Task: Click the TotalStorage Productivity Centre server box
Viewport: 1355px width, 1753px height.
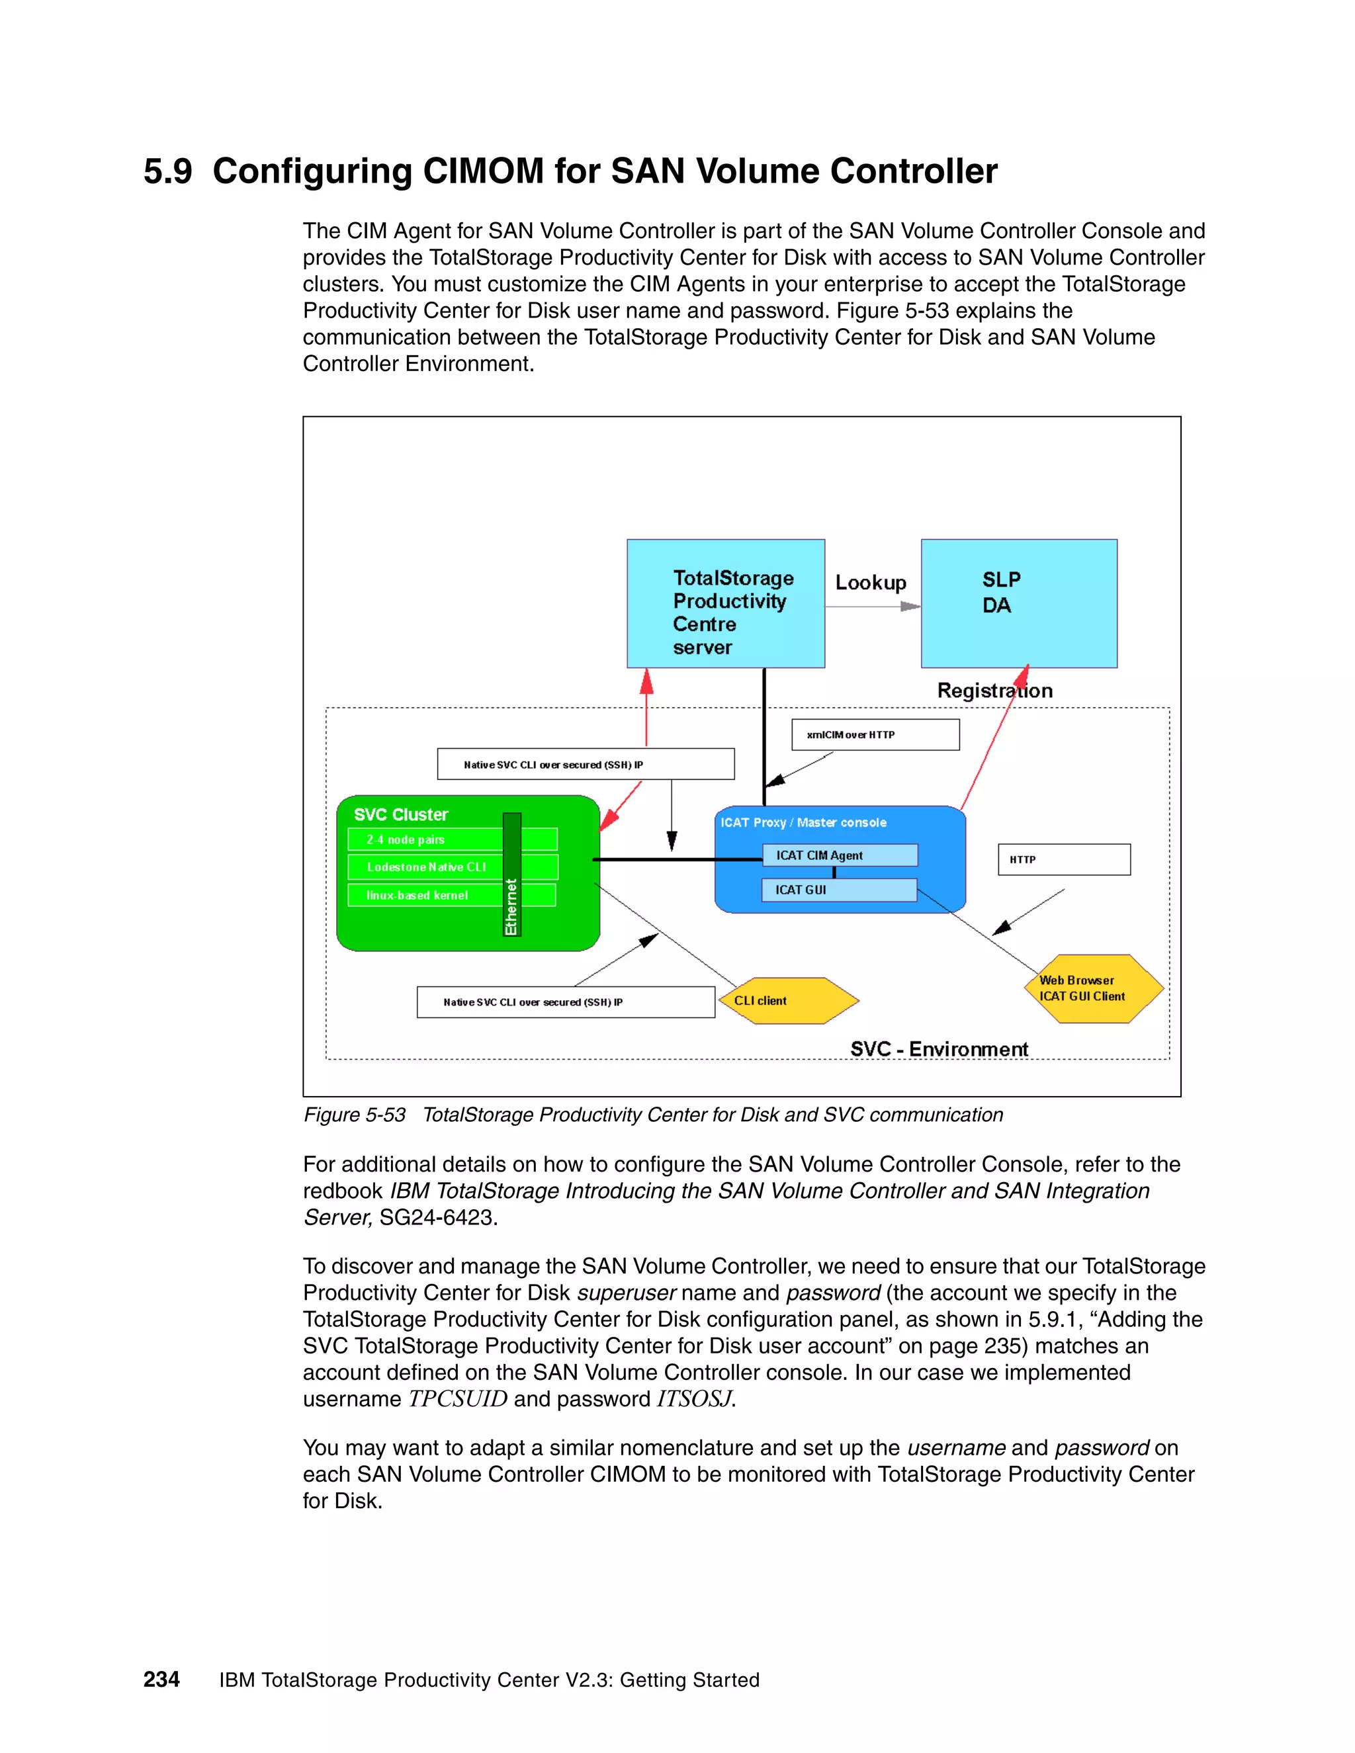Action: click(726, 603)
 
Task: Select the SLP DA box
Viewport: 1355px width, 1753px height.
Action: click(1019, 603)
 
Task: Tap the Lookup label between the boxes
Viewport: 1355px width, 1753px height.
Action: click(870, 583)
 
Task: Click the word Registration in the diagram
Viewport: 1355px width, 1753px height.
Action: click(994, 690)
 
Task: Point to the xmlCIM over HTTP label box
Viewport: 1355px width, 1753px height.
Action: click(875, 734)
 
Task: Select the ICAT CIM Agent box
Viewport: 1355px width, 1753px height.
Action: click(839, 855)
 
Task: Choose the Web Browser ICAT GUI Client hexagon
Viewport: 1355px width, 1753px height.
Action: click(1093, 989)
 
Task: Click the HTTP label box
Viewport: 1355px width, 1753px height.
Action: click(1064, 860)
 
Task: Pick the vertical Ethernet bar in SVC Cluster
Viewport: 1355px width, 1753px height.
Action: click(511, 875)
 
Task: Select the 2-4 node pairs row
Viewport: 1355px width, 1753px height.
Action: click(425, 839)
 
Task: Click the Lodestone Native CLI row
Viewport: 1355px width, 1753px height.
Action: click(425, 867)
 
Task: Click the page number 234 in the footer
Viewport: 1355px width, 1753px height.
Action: click(161, 1679)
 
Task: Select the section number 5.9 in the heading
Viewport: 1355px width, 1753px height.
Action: click(168, 172)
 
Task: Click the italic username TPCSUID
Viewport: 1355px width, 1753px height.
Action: click(458, 1399)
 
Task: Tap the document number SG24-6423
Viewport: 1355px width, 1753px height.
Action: click(437, 1218)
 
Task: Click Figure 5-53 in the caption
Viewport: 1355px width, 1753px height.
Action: click(354, 1115)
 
